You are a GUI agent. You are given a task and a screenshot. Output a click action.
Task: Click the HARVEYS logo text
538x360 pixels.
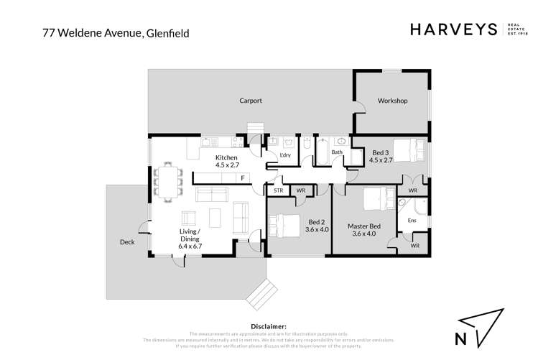point(453,29)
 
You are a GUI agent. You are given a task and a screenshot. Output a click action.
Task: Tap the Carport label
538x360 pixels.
point(251,101)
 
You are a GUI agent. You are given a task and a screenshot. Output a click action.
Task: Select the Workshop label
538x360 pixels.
point(392,101)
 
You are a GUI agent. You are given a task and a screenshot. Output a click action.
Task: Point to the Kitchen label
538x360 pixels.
point(226,158)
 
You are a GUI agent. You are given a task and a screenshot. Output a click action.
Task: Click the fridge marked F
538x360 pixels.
point(243,177)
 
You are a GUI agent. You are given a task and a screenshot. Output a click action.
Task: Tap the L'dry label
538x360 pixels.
point(285,155)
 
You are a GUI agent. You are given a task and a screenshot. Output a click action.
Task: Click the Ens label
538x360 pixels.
point(412,221)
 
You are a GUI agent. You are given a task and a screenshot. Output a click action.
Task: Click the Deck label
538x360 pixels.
point(127,242)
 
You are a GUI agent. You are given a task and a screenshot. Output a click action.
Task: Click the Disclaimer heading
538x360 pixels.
point(269,326)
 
